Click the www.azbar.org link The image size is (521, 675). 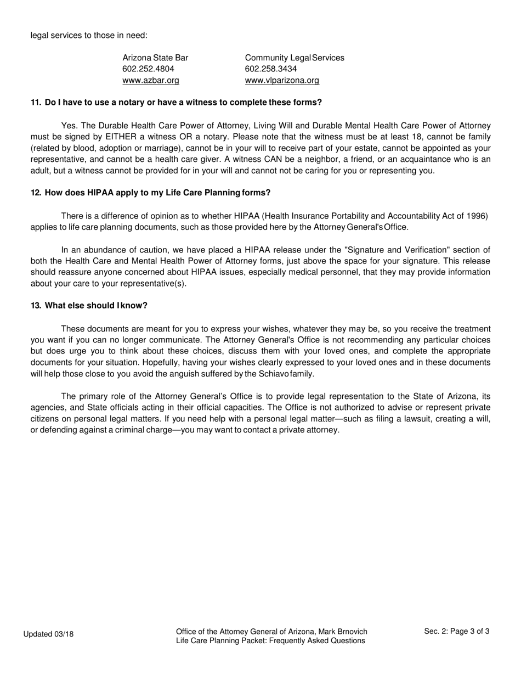point(150,80)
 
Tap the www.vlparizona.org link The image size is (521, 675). point(282,80)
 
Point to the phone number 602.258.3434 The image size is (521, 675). point(270,69)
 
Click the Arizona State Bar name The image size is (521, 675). point(155,58)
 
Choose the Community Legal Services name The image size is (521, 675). point(295,58)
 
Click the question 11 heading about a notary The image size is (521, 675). point(176,103)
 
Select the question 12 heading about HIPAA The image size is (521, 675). point(150,193)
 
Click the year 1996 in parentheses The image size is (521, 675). point(476,216)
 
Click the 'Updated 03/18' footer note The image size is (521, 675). point(48,634)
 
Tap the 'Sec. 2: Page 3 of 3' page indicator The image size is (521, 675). point(457,631)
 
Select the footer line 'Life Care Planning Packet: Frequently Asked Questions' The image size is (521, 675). point(270,640)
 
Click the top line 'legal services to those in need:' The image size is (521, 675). point(89,35)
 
